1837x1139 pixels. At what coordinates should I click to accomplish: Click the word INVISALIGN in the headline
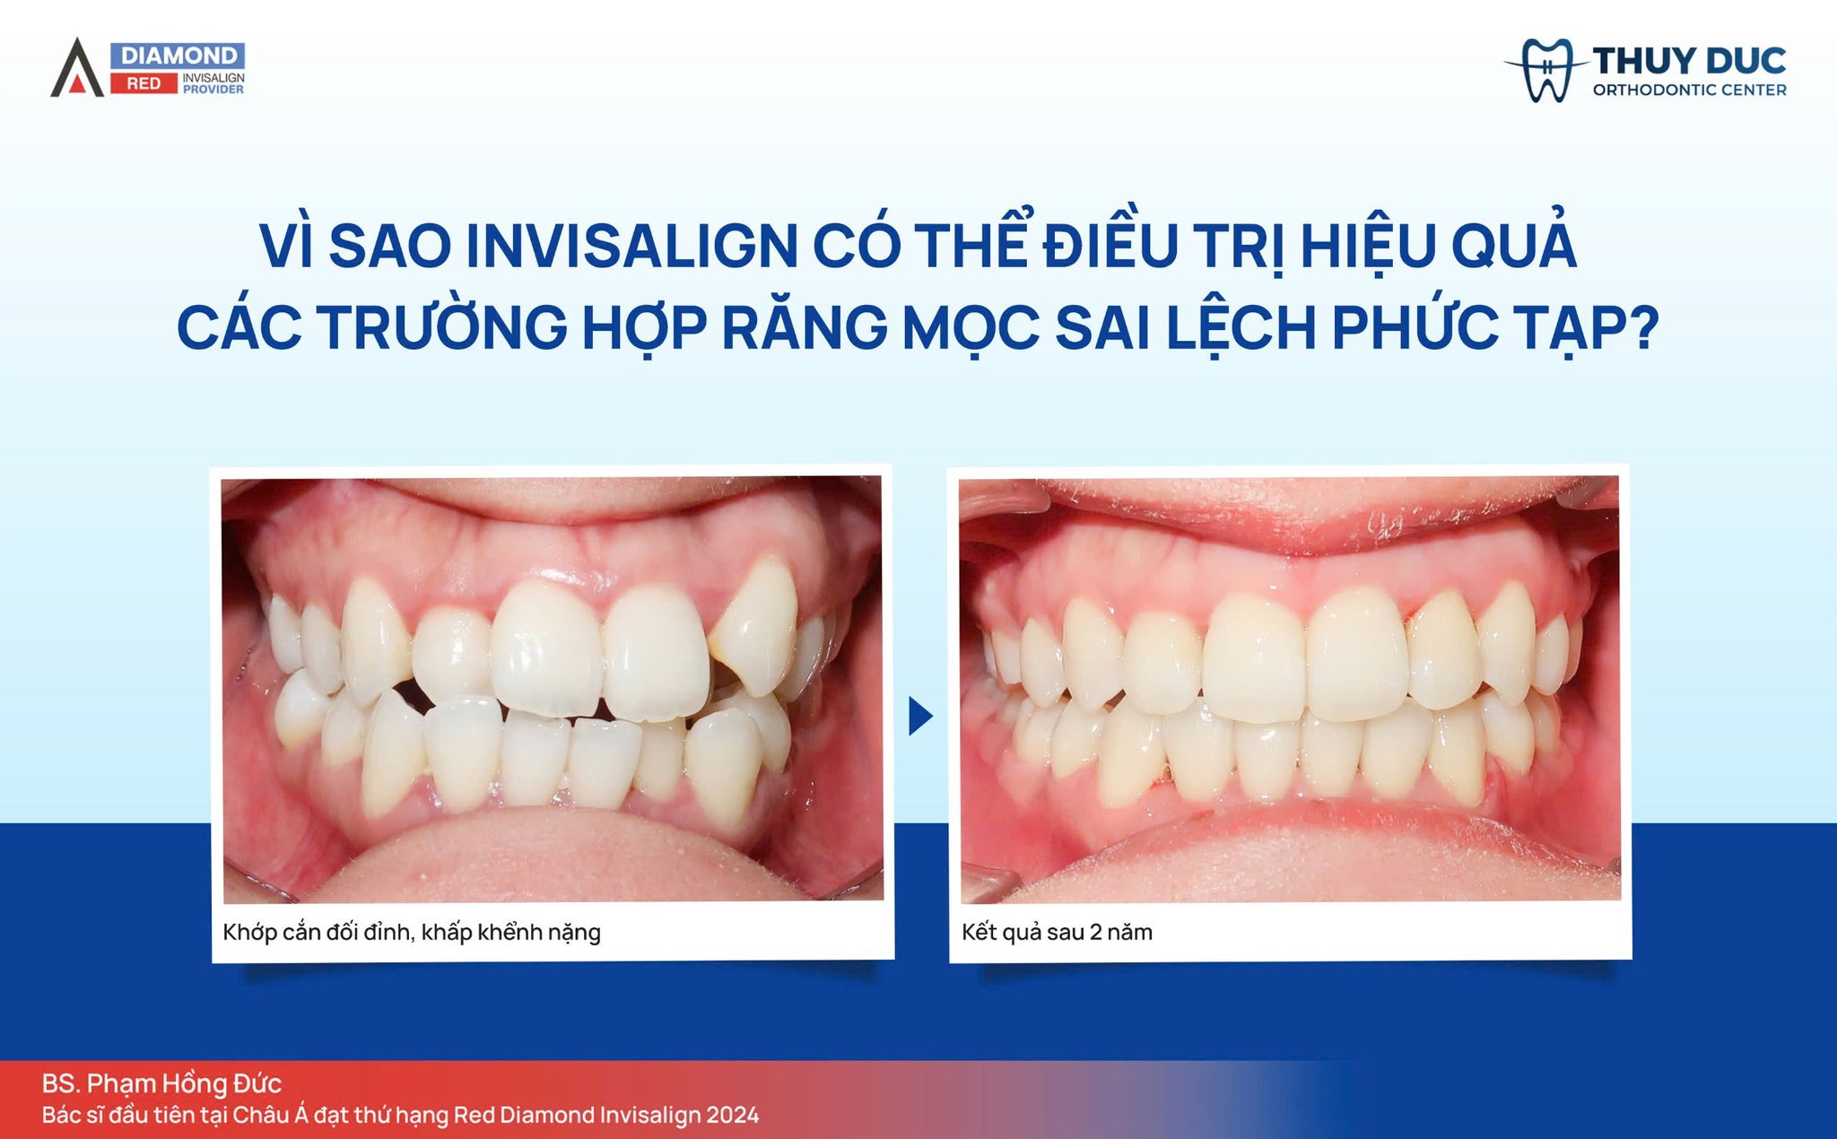click(x=631, y=246)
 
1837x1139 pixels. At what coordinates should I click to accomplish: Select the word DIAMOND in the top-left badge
click(x=178, y=56)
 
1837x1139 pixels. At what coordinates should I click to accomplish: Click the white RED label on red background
click(x=144, y=83)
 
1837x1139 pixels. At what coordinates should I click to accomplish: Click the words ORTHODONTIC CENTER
click(x=1689, y=90)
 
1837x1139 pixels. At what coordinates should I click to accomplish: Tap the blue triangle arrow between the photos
click(x=920, y=716)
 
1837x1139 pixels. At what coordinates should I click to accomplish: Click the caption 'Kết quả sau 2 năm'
click(x=1057, y=933)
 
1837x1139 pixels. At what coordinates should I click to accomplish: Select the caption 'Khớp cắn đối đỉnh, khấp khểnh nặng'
click(x=412, y=933)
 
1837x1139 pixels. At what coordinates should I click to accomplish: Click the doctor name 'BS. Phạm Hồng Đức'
click(x=161, y=1084)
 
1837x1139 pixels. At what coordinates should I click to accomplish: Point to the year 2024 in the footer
click(x=732, y=1115)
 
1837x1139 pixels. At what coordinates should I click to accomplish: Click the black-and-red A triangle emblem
click(x=78, y=68)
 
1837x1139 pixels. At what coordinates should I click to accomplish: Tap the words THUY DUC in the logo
click(x=1689, y=61)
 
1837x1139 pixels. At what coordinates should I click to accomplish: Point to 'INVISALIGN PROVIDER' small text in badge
click(x=213, y=83)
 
